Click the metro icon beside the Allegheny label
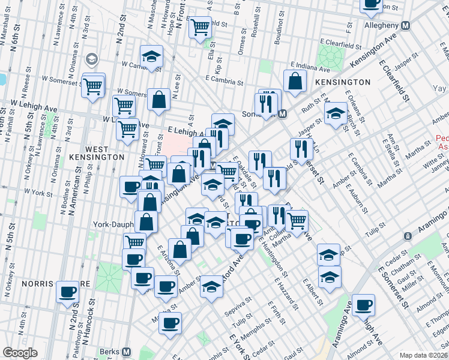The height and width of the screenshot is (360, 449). pos(405,26)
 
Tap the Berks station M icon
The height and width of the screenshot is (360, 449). pos(126,352)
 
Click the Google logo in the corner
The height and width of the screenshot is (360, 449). pos(20,352)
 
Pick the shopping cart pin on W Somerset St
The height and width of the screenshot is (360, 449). pos(94,86)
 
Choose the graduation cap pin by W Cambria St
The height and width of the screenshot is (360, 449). pos(152,56)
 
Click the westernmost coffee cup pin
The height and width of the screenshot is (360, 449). pos(68,292)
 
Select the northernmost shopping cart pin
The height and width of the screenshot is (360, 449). pos(200,26)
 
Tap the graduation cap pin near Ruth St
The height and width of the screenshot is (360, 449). pos(336,113)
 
